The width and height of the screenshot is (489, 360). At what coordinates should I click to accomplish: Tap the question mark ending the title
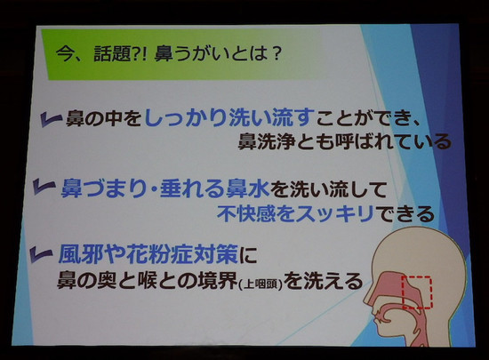275,53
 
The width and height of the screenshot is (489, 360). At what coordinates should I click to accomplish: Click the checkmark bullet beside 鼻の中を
51,120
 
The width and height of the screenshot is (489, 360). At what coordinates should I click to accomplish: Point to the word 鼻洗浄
267,141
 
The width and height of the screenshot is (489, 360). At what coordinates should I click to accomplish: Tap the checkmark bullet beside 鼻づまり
44,187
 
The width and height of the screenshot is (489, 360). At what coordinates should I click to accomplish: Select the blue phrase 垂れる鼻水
214,188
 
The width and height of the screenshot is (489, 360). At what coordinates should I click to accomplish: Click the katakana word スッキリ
335,214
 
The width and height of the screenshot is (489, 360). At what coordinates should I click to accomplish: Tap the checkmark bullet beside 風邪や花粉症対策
41,253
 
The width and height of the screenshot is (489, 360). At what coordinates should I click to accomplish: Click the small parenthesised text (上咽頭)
261,284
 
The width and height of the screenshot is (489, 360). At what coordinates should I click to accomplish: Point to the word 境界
218,281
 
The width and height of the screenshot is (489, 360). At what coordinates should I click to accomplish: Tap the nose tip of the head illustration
365,300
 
